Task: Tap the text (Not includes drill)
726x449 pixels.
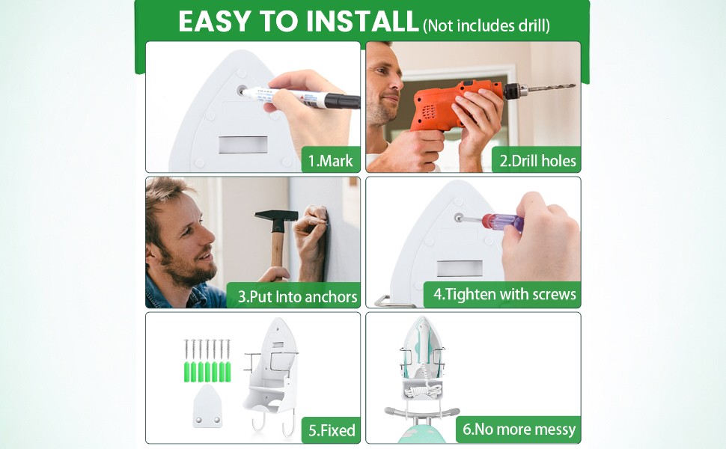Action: click(x=486, y=25)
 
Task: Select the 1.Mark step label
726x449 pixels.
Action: click(x=331, y=161)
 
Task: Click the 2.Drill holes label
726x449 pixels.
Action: click(x=537, y=161)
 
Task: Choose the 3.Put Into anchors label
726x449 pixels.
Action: click(x=297, y=296)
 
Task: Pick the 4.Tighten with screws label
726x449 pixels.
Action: click(x=504, y=294)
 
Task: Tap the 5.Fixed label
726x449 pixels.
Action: click(x=332, y=430)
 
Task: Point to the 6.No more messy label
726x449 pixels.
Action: click(x=519, y=429)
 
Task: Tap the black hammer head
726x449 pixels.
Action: click(x=276, y=216)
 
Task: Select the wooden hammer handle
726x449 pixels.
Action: click(x=278, y=254)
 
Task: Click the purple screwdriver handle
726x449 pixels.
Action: click(x=503, y=222)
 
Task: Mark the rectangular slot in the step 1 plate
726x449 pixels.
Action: click(x=243, y=144)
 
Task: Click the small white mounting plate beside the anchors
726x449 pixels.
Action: click(x=207, y=407)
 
